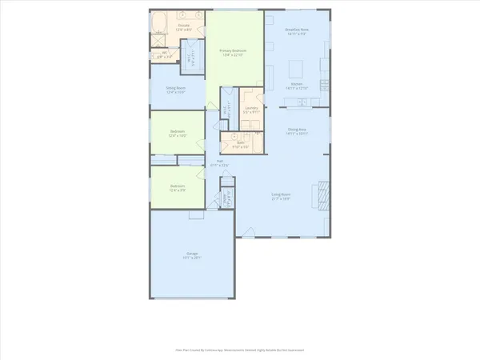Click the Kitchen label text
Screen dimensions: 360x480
(296, 86)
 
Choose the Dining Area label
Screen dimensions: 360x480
(298, 131)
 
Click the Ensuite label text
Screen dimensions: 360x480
(183, 26)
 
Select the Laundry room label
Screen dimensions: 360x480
(251, 110)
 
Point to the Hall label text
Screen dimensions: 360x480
(220, 162)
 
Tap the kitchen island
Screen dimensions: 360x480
(297, 64)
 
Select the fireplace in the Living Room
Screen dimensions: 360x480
(324, 194)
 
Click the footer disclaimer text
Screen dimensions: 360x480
(239, 350)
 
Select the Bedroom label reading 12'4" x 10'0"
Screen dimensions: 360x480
(178, 134)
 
